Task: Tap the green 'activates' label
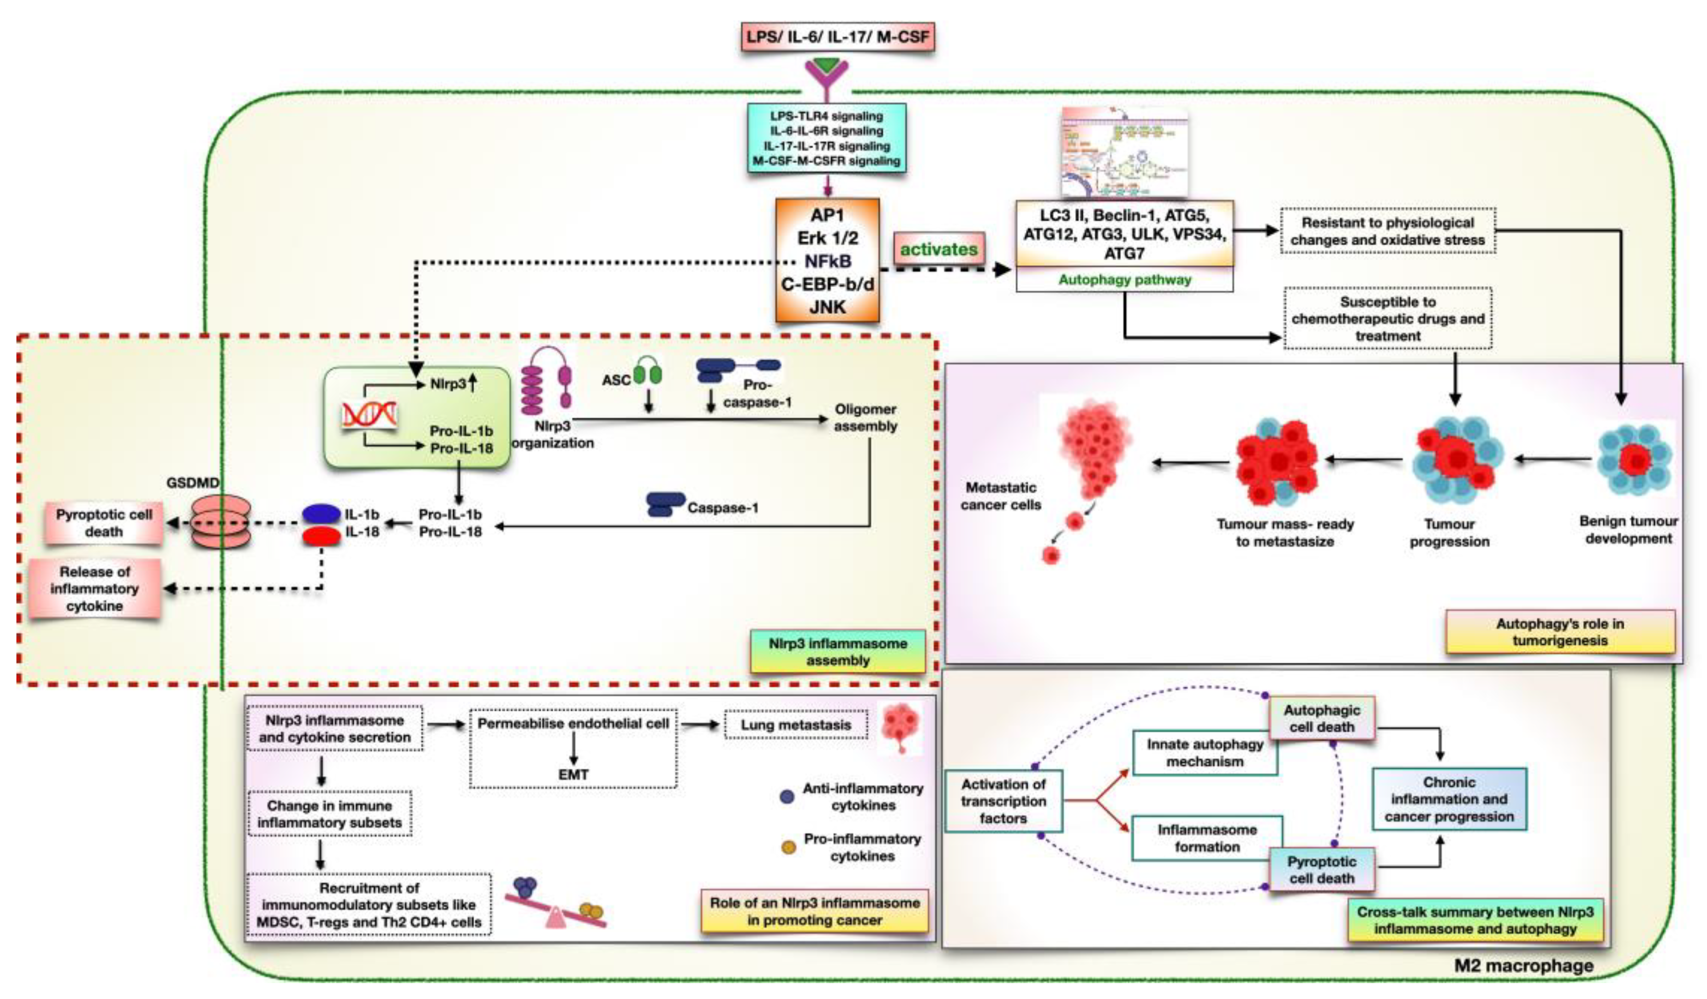tap(938, 249)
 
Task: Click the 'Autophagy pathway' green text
tap(1124, 279)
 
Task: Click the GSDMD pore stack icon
tap(221, 523)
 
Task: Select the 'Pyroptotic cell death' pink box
tap(103, 523)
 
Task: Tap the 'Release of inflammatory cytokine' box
tap(95, 589)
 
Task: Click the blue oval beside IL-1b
tap(321, 514)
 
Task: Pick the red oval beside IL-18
tap(321, 536)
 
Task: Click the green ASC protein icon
tap(648, 373)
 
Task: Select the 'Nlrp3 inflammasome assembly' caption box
tap(837, 652)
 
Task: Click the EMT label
tap(573, 774)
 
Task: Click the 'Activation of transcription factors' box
tap(1003, 801)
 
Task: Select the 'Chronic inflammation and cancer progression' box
tap(1448, 799)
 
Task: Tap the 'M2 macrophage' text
tap(1523, 966)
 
